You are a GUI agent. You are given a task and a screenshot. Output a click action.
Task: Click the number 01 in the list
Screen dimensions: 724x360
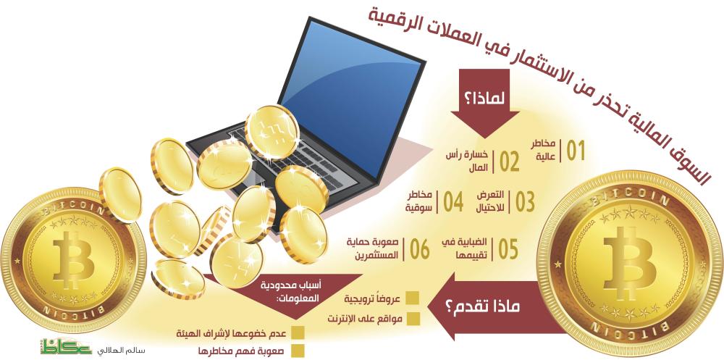click(576, 151)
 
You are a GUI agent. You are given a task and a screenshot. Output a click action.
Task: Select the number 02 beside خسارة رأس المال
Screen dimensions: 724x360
click(509, 162)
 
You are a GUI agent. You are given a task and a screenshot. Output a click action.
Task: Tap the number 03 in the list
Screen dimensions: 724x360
click(525, 202)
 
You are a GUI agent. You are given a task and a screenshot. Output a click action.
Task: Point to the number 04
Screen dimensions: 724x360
click(453, 202)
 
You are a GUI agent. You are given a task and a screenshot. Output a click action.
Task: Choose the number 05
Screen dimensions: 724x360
click(508, 249)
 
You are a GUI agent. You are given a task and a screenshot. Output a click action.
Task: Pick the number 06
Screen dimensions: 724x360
click(418, 249)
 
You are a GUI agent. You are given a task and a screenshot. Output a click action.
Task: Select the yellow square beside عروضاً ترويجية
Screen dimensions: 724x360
click(413, 298)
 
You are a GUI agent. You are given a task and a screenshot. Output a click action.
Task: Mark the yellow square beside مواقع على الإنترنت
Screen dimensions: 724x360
click(413, 319)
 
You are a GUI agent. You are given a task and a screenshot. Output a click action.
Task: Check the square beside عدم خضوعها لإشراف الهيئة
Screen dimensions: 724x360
click(298, 333)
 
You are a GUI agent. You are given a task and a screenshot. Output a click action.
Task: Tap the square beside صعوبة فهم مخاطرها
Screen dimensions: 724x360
click(298, 351)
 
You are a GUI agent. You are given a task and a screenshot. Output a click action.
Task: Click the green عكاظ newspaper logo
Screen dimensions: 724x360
click(66, 346)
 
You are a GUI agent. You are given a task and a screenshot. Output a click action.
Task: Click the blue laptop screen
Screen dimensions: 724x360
click(351, 99)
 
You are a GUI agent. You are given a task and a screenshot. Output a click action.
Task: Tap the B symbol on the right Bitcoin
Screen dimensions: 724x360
click(630, 257)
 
